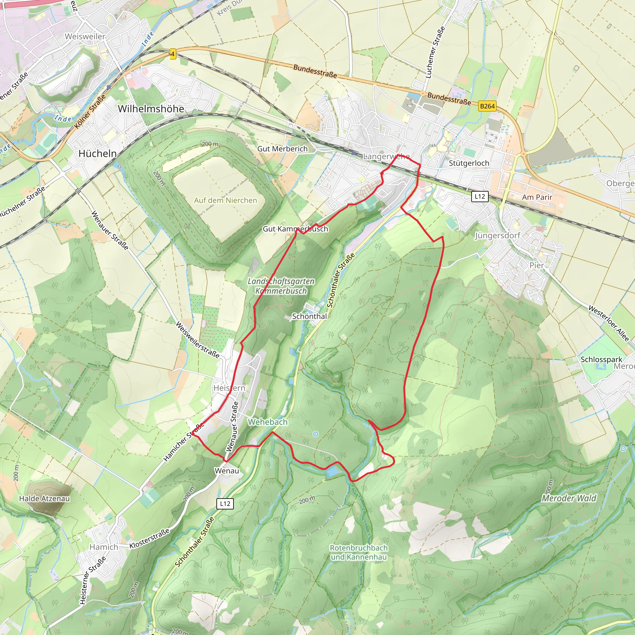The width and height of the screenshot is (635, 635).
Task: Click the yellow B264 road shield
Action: (487, 106)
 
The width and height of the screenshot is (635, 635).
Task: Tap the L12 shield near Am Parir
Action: (480, 197)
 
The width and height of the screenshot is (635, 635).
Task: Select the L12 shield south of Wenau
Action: (225, 504)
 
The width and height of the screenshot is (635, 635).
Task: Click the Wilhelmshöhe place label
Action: (151, 109)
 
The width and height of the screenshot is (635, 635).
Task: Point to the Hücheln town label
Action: (98, 153)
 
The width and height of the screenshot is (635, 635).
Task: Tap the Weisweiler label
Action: (85, 37)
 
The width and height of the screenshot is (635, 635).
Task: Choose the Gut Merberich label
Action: (282, 149)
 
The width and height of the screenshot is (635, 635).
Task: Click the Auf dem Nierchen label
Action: (225, 200)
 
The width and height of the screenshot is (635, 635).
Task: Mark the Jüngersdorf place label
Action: (498, 235)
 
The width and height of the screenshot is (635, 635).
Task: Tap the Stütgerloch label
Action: (469, 163)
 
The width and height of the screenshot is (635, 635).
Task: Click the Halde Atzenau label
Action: (44, 499)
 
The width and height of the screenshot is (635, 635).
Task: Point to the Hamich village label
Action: (104, 547)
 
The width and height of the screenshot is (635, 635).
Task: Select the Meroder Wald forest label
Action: (569, 498)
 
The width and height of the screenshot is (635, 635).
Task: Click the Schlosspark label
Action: (601, 359)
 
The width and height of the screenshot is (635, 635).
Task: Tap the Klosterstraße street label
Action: (149, 538)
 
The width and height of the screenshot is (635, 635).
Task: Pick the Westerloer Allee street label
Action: (608, 323)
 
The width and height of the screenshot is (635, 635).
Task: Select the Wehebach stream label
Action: (268, 422)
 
